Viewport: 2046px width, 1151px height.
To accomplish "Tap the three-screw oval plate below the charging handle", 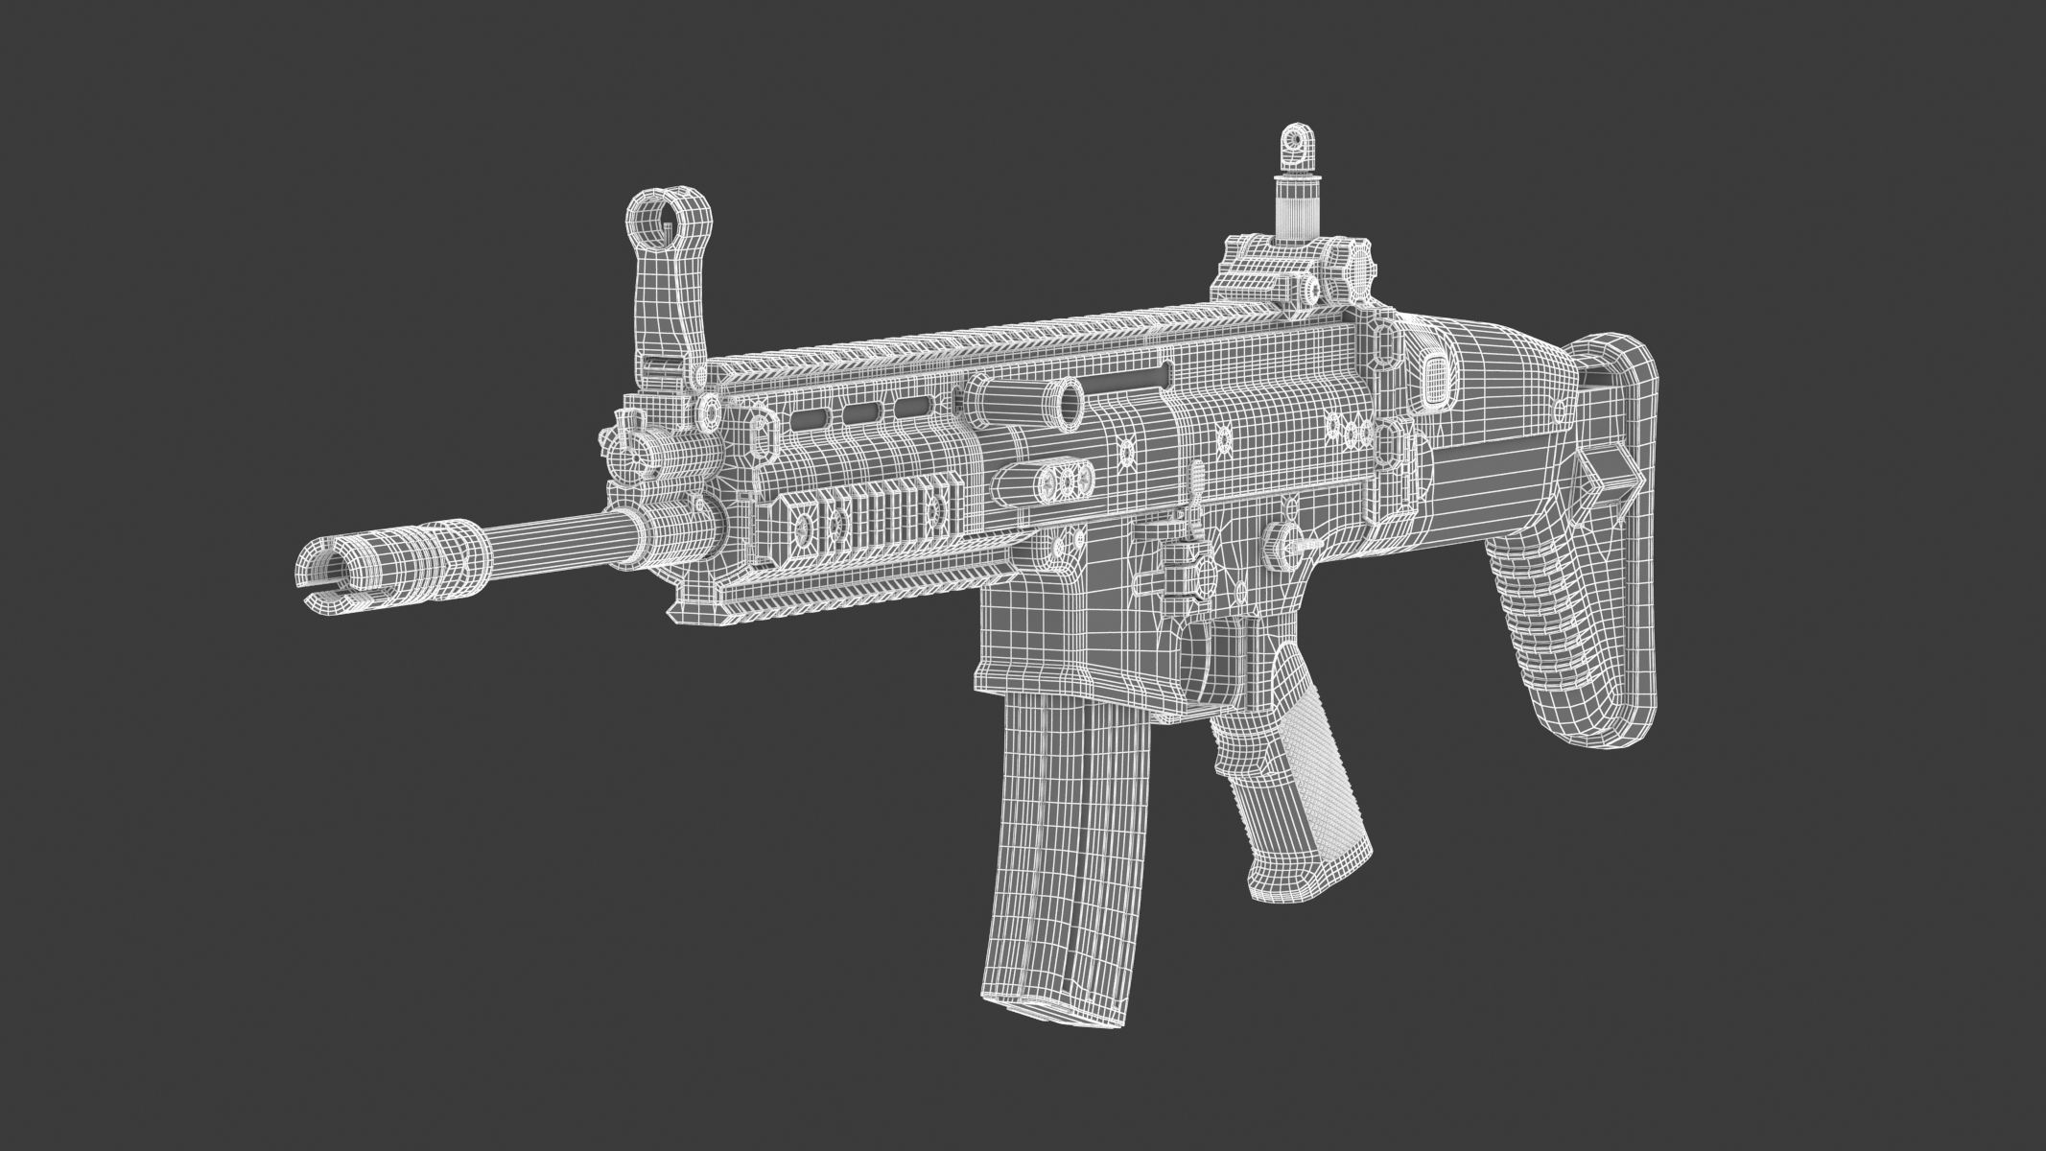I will tap(1063, 479).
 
